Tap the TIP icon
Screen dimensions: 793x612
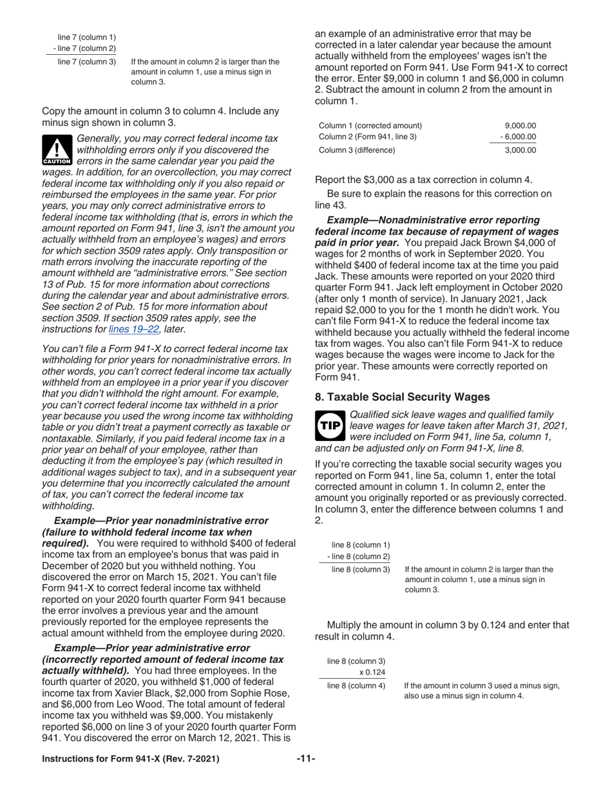pyautogui.click(x=330, y=426)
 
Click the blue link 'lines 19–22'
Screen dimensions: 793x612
pyautogui.click(x=133, y=329)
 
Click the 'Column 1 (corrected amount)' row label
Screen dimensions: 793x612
pyautogui.click(x=370, y=126)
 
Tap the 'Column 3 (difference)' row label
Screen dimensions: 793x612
pyautogui.click(x=358, y=150)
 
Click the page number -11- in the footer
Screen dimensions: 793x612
pyautogui.click(x=305, y=759)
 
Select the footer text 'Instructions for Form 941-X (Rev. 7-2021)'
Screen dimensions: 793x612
pyautogui.click(x=130, y=759)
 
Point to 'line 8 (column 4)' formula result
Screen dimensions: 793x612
pyautogui.click(x=356, y=685)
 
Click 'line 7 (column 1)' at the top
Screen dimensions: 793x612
pyautogui.click(x=87, y=37)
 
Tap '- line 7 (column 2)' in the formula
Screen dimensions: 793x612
pyautogui.click(x=84, y=48)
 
